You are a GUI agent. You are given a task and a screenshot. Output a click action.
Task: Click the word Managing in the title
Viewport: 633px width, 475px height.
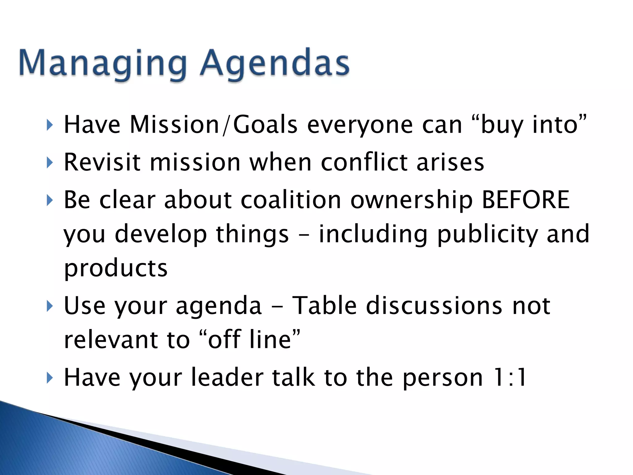[103, 63]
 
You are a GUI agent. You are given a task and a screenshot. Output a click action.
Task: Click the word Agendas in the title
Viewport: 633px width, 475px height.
[274, 63]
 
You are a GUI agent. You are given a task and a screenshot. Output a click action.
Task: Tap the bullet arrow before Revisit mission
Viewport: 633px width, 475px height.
[49, 162]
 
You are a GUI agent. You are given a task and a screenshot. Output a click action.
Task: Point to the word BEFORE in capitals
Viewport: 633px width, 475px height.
[525, 200]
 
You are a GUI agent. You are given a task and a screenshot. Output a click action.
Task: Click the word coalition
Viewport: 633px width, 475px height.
[291, 200]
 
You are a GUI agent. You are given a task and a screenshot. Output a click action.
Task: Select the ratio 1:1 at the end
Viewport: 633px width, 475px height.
[510, 377]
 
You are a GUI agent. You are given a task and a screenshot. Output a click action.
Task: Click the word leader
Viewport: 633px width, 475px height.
[227, 377]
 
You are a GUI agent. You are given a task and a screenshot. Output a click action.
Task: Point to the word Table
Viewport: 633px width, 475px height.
[325, 306]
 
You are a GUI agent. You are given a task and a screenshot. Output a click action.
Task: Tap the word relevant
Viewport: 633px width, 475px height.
[111, 340]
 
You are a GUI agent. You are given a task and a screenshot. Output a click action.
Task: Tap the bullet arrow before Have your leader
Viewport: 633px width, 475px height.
[49, 378]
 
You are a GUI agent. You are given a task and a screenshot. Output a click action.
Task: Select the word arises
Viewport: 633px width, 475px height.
[450, 162]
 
